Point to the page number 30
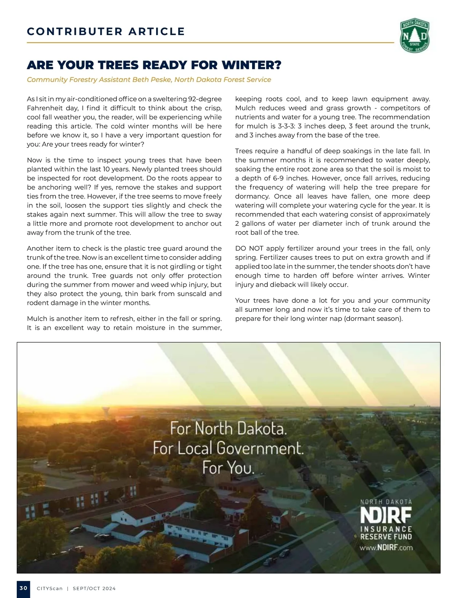pos(24,588)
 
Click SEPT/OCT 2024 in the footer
pos(94,588)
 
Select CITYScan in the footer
pos(50,588)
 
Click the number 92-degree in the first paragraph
pos(205,99)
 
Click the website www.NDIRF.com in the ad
pos(386,548)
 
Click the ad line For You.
pos(228,467)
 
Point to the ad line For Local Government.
pos(228,448)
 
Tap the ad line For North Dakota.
pos(228,428)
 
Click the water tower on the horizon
pos(105,412)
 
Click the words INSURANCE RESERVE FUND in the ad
pos(386,533)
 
